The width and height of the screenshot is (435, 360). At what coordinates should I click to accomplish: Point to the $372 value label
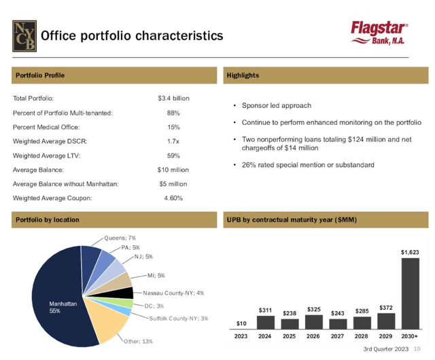[x=385, y=306]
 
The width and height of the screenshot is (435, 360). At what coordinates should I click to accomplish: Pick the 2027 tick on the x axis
[x=337, y=335]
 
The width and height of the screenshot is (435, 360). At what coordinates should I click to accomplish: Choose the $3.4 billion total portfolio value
[x=173, y=98]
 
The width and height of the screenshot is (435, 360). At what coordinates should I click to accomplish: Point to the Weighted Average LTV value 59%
[x=173, y=156]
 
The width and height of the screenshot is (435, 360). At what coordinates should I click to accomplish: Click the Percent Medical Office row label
[x=46, y=127]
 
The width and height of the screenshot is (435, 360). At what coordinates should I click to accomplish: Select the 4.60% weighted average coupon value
[x=173, y=198]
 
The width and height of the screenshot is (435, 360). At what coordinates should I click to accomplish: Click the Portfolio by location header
[x=48, y=219]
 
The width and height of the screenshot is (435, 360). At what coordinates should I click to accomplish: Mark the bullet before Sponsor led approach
[x=234, y=106]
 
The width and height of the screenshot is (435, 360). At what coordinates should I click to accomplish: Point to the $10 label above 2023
[x=241, y=323]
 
